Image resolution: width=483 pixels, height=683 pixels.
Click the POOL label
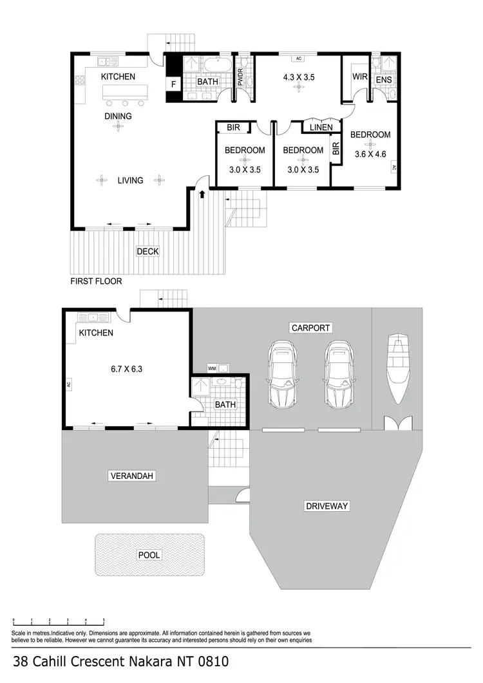(x=149, y=555)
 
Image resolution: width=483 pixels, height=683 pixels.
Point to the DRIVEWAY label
(x=326, y=506)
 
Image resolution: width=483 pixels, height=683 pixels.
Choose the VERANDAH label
(x=131, y=476)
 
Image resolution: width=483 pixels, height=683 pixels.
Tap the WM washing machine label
(x=211, y=369)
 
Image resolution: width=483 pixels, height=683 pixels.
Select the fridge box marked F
(x=173, y=84)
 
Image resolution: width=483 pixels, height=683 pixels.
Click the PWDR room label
(x=241, y=77)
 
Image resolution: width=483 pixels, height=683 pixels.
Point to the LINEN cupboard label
(x=321, y=127)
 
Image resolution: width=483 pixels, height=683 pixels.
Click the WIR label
(x=359, y=77)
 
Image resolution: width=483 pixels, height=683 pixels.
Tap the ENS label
(x=384, y=80)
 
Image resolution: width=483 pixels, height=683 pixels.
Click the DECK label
(x=147, y=252)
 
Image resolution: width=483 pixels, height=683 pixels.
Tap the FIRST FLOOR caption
(x=96, y=281)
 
